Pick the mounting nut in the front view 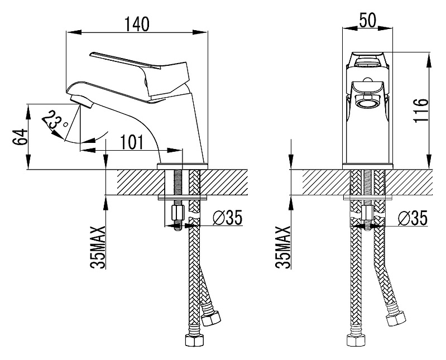coord(367,213)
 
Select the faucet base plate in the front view coord(367,165)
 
